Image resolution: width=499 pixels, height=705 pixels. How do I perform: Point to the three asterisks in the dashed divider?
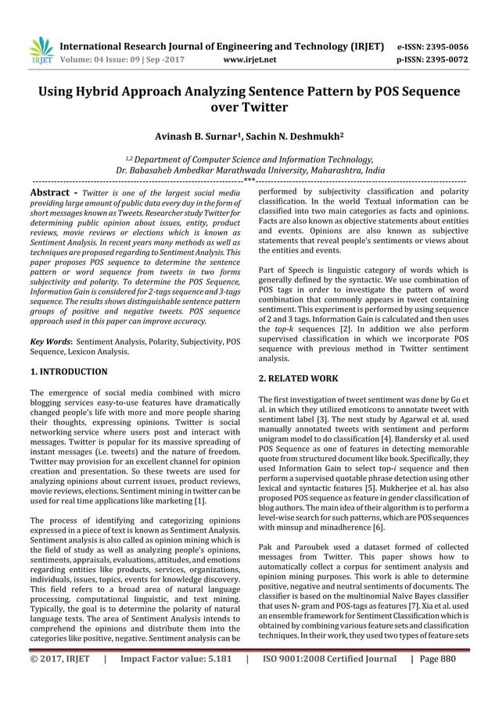click(249, 180)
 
